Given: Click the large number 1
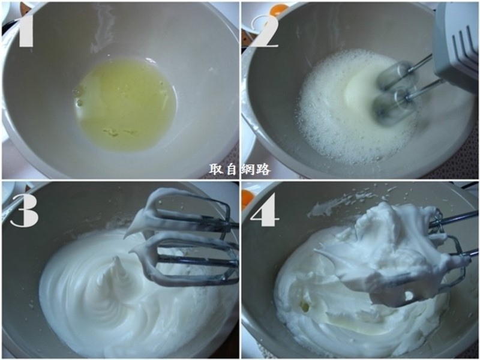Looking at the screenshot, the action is pos(26,28).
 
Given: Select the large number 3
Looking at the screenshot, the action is pos(25,211).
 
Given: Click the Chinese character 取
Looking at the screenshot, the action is pos(216,169).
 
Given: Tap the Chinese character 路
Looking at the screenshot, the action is pos(263,169).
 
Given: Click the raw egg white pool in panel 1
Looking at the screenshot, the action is pos(125,104).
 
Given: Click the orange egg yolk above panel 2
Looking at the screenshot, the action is pos(278,7).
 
